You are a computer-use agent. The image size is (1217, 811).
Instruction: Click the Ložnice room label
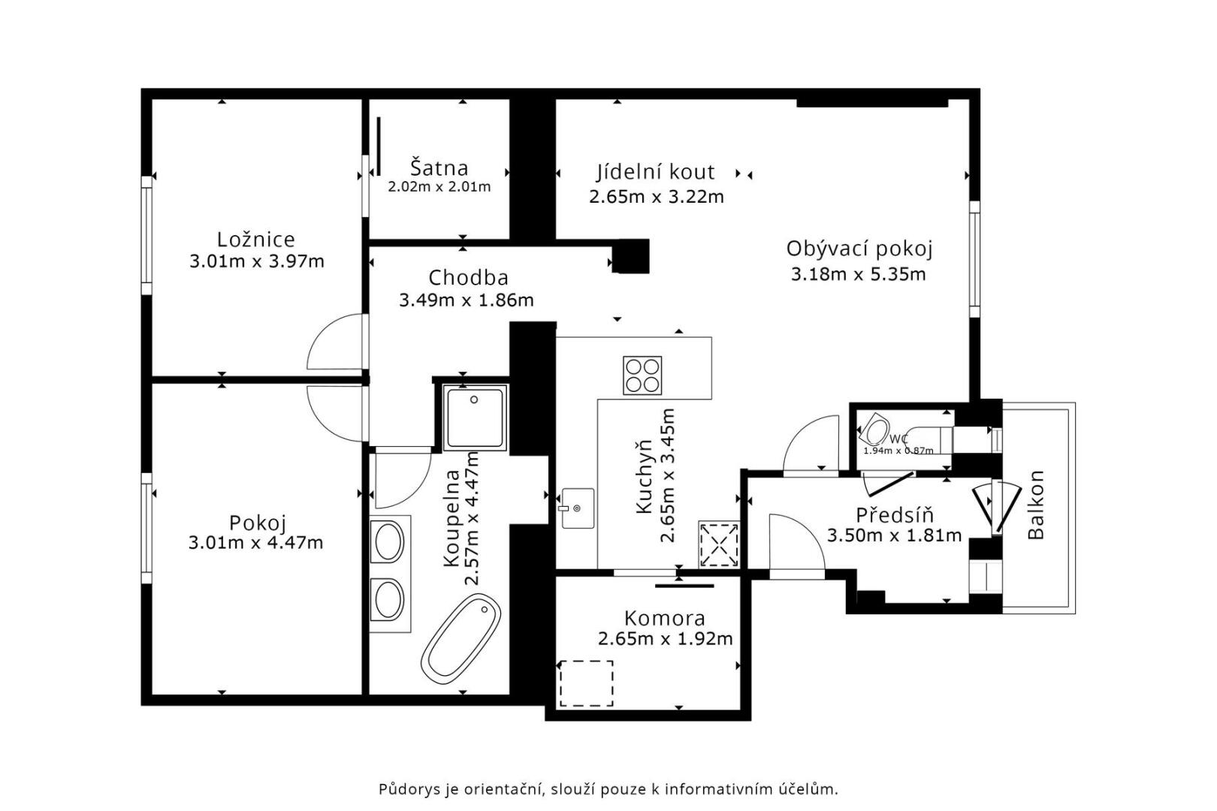point(256,239)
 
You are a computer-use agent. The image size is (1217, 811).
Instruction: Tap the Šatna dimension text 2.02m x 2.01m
point(439,187)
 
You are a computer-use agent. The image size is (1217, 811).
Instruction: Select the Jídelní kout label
point(655,172)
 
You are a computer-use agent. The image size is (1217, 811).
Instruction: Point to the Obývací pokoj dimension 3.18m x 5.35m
point(858,274)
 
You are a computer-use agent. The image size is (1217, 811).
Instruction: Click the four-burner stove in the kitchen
point(642,375)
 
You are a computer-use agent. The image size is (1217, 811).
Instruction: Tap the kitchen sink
point(577,508)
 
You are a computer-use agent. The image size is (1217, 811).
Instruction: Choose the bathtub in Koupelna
point(461,639)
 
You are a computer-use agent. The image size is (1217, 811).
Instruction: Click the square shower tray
point(475,418)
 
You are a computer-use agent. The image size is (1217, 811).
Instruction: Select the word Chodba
point(468,278)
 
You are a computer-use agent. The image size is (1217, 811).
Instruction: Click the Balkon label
point(1037,505)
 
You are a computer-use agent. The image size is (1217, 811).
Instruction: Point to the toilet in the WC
point(874,430)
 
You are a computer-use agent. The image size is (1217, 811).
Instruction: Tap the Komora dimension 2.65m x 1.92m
point(665,639)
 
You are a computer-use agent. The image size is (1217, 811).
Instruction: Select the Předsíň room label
point(894,514)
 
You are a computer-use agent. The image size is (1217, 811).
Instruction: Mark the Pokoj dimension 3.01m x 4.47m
point(255,543)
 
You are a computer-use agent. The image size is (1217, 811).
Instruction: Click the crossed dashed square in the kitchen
point(719,544)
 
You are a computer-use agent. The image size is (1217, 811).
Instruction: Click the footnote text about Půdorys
point(608,789)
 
